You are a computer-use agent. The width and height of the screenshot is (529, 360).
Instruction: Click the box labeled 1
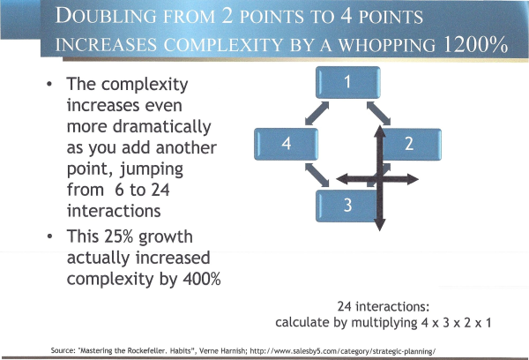348,82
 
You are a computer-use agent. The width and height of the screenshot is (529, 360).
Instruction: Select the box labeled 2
409,144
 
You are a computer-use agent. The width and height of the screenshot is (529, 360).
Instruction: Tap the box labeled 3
347,206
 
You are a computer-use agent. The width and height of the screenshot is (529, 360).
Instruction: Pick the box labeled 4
286,144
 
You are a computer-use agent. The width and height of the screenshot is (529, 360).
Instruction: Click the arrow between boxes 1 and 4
317,114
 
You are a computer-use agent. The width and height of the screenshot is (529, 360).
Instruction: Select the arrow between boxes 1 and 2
378,114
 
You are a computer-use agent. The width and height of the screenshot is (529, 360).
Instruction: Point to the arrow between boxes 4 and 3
317,175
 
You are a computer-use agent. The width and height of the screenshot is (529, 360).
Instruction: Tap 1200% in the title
475,44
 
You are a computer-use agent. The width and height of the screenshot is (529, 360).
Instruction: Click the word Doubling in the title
106,16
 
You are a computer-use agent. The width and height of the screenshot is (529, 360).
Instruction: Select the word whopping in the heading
387,45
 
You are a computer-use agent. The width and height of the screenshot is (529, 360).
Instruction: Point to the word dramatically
161,127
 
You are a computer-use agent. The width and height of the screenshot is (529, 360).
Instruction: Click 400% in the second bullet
202,279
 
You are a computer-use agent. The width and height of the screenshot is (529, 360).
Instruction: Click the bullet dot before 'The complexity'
49,84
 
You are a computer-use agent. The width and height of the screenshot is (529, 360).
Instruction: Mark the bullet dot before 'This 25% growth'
49,236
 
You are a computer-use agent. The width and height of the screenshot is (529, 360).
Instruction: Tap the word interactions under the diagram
392,307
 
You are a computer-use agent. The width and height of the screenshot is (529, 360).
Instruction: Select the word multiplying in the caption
384,323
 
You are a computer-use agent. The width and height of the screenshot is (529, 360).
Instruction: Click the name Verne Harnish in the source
222,350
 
